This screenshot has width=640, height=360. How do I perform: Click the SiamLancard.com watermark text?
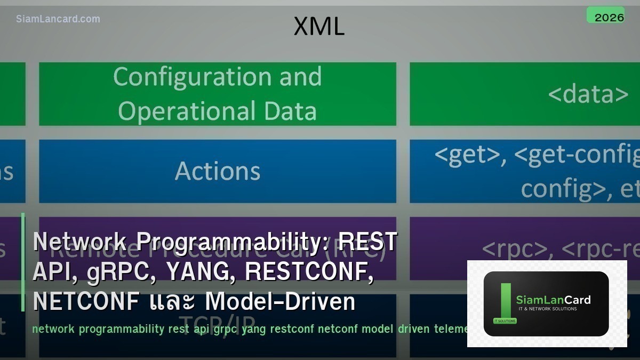coord(58,19)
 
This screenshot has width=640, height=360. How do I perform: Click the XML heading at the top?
coord(319,27)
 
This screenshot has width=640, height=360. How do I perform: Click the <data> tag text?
coord(588,94)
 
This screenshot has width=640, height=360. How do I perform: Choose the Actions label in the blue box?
coord(218,171)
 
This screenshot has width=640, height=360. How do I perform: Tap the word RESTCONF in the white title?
coord(308,272)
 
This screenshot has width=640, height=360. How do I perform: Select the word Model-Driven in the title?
coord(281,302)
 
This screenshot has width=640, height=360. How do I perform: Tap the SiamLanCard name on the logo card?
coord(553,300)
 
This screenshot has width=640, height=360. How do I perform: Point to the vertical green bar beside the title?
coord(23,262)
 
